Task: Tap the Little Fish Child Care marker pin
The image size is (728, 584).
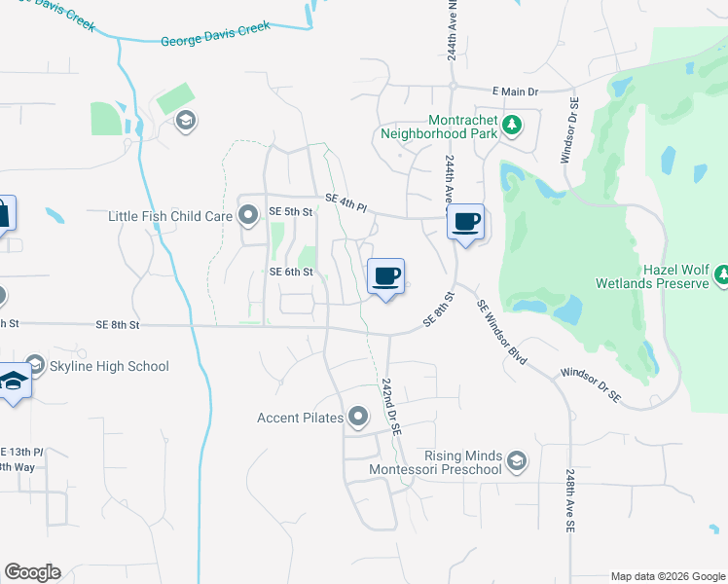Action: click(249, 215)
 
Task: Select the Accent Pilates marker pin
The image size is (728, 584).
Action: click(359, 419)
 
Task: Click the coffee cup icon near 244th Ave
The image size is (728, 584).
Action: click(466, 222)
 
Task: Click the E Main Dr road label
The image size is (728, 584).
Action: click(515, 91)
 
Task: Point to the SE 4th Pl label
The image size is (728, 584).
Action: click(346, 201)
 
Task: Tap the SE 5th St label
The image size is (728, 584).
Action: click(290, 211)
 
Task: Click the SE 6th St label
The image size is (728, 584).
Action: click(291, 273)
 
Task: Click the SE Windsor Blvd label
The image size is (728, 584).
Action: click(502, 332)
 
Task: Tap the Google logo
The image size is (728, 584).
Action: click(32, 571)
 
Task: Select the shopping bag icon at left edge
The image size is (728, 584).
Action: click(5, 213)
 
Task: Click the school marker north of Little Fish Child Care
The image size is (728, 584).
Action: click(185, 122)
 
